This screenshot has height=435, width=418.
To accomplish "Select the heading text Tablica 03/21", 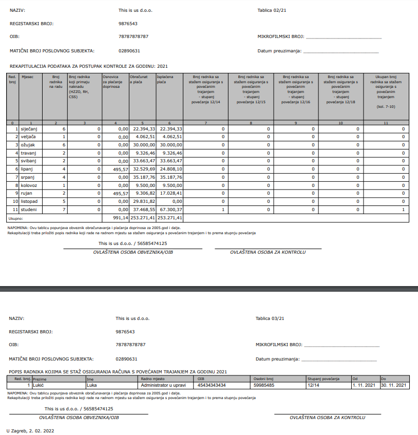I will [270, 318].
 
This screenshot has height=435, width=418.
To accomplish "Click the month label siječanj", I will [29, 129].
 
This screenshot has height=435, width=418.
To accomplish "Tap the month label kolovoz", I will [29, 184].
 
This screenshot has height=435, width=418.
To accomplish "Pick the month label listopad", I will [29, 201].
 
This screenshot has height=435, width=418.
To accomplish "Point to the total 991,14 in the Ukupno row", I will [120, 218].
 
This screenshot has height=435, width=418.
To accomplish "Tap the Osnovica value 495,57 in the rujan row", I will [120, 193].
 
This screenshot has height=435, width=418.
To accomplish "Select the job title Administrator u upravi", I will [163, 385].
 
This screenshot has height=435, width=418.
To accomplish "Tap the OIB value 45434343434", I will [212, 385].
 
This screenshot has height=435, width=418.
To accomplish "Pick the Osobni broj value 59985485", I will [264, 385].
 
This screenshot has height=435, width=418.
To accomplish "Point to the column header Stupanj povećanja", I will [324, 379].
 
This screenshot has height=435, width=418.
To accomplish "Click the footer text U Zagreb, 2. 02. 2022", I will [30, 430].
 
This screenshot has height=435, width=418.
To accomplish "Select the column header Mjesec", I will [27, 77].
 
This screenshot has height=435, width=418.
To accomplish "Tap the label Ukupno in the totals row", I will [16, 218].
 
